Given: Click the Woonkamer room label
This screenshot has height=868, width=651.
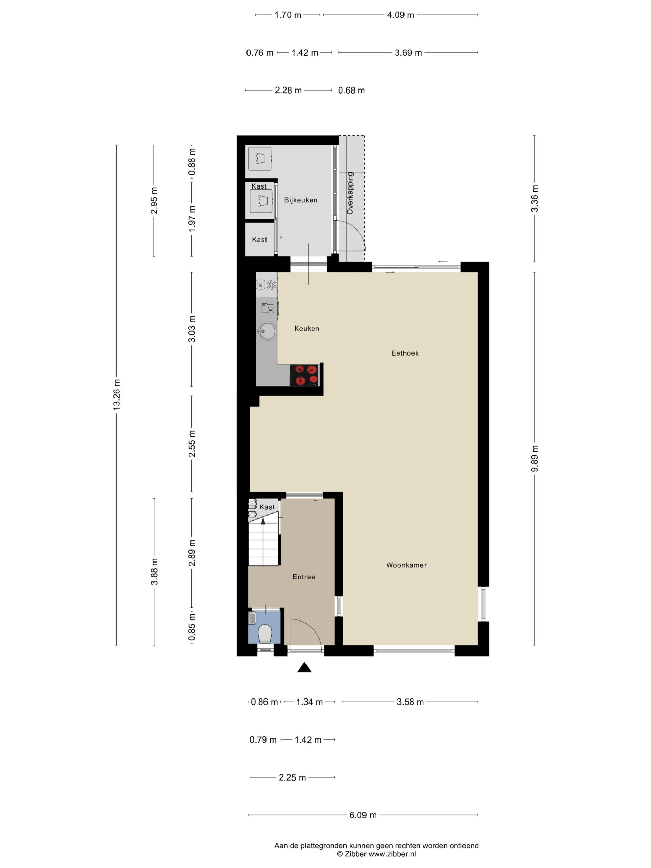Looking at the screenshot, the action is pyautogui.click(x=406, y=565).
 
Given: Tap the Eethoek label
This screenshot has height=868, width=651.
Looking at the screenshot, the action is pyautogui.click(x=405, y=353).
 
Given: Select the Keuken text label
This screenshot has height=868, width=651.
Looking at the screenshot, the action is pyautogui.click(x=307, y=329).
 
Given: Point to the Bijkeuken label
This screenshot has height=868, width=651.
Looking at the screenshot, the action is pyautogui.click(x=301, y=200).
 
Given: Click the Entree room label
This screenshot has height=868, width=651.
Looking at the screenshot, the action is pyautogui.click(x=304, y=577).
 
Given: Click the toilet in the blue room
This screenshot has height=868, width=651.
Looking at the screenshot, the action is pyautogui.click(x=265, y=633).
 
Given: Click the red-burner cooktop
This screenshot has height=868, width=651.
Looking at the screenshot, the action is pyautogui.click(x=305, y=375).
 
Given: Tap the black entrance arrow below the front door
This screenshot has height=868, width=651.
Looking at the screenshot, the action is pyautogui.click(x=304, y=667).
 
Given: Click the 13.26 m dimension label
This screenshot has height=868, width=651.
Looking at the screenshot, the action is pyautogui.click(x=117, y=395).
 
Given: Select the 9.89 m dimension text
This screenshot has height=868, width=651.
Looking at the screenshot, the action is pyautogui.click(x=534, y=459).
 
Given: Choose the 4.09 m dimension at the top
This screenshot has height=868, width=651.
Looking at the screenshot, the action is pyautogui.click(x=400, y=15).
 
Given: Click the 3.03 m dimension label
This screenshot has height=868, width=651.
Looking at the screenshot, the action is pyautogui.click(x=192, y=329).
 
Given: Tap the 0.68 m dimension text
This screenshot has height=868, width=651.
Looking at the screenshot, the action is pyautogui.click(x=352, y=90).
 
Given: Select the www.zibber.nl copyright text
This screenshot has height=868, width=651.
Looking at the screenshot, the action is pyautogui.click(x=392, y=854).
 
